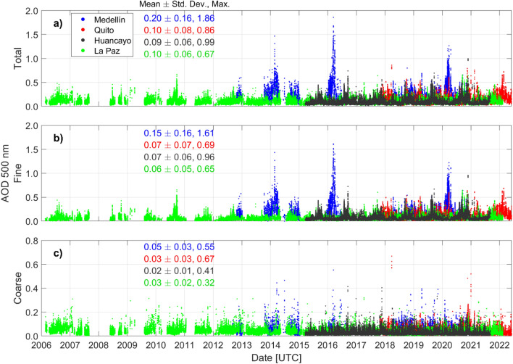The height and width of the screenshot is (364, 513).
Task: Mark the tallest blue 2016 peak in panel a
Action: coord(333,17)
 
